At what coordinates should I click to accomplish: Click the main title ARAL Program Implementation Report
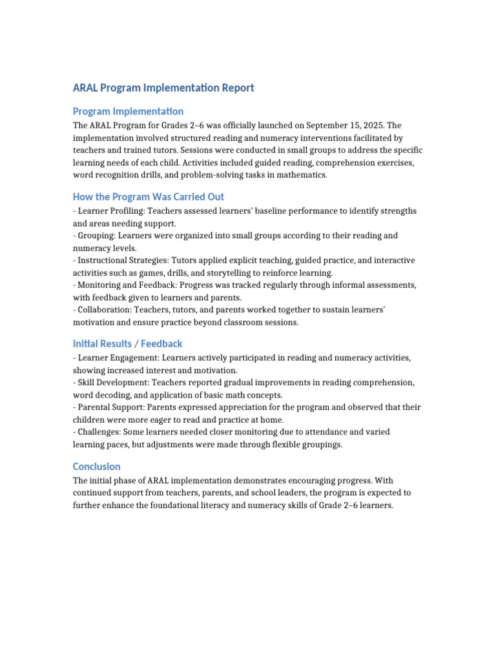[x=163, y=88]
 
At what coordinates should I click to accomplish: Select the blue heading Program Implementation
[x=128, y=111]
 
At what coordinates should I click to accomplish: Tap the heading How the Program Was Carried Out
[x=149, y=196]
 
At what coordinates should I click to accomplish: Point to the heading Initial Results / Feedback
[x=127, y=343]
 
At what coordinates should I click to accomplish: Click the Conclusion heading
[x=96, y=466]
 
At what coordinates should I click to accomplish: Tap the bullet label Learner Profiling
[x=107, y=211]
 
